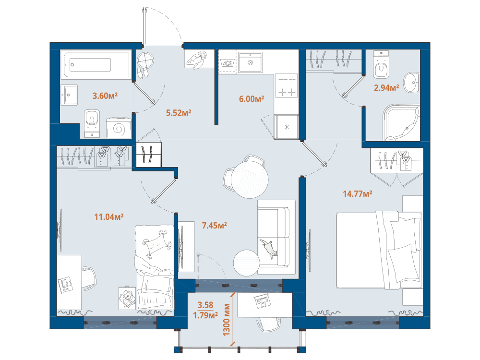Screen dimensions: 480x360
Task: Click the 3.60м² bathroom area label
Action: [x=105, y=96]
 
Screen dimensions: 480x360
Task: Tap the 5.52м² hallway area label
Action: [x=179, y=113]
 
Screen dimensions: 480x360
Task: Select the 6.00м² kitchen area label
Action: [x=252, y=99]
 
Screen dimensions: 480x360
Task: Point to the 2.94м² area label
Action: [x=386, y=88]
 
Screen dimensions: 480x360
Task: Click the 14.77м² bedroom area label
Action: [x=357, y=194]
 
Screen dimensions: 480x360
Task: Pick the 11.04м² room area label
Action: [x=108, y=217]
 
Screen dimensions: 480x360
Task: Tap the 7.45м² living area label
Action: [x=214, y=226]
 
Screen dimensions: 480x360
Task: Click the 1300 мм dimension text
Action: [x=227, y=320]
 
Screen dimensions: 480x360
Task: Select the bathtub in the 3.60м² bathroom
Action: [x=96, y=64]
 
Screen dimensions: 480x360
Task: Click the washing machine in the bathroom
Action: [x=119, y=128]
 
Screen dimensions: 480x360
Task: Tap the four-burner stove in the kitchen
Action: [x=287, y=85]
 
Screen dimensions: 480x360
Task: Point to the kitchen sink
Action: [x=251, y=62]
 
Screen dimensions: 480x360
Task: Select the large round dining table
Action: [x=250, y=180]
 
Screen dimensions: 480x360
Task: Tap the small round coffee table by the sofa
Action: [x=247, y=263]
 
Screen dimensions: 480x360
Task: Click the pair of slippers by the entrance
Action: [x=143, y=73]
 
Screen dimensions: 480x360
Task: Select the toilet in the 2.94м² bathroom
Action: [x=381, y=65]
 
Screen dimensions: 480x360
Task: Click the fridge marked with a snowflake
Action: [x=287, y=127]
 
